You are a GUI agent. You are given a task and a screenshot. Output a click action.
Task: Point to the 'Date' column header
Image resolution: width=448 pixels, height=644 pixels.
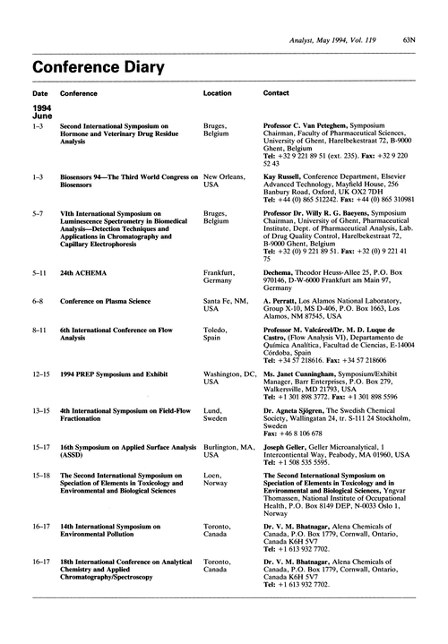tap(41, 93)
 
